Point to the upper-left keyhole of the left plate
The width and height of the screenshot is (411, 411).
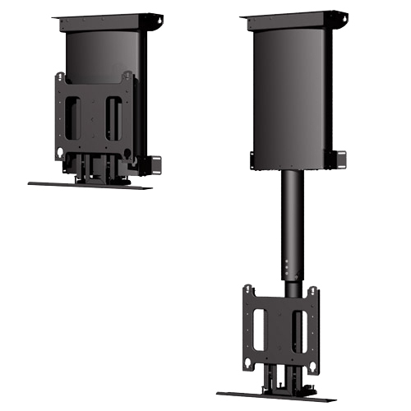[x=60, y=80]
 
